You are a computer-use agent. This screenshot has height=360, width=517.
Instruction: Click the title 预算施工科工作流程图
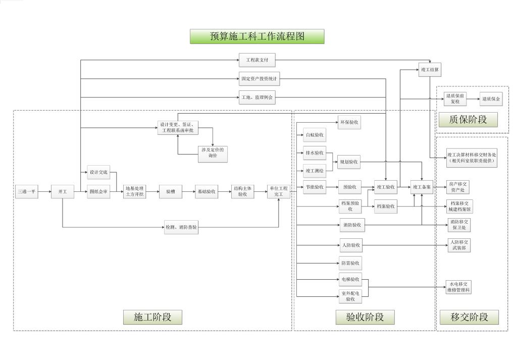(257, 36)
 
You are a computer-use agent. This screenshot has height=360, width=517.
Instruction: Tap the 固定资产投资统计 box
(259, 79)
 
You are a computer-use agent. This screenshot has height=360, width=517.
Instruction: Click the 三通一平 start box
(26, 192)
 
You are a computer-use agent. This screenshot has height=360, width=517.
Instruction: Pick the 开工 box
(63, 192)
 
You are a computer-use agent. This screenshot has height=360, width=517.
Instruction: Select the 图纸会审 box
(98, 192)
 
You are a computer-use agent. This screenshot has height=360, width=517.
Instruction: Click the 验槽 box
(170, 192)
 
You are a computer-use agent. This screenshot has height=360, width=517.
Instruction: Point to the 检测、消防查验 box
(181, 228)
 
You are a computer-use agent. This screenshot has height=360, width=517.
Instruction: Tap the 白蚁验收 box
(315, 135)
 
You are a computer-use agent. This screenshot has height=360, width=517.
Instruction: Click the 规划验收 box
(349, 162)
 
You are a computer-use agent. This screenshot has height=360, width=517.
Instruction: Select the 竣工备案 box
(422, 187)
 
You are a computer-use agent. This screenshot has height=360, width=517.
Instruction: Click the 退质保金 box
(491, 99)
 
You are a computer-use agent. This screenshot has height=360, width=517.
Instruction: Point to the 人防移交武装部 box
(458, 245)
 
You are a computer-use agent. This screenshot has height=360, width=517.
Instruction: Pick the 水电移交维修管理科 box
(458, 287)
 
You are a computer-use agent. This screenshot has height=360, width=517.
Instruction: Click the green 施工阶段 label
(152, 317)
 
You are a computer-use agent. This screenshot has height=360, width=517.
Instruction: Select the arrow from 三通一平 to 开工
(44, 192)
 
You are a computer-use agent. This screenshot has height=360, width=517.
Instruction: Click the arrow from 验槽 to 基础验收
(188, 192)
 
